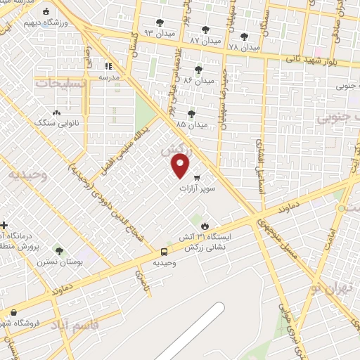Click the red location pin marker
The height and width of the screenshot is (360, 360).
tap(181, 166)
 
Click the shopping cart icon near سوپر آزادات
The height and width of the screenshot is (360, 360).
tap(197, 176)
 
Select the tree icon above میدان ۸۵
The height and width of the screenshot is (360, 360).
tap(191, 113)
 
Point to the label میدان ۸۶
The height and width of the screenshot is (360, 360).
tap(198, 81)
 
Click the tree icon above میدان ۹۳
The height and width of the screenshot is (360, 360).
tap(160, 22)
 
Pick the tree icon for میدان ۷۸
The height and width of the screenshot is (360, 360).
tap(244, 36)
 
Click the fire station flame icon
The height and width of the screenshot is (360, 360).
tap(205, 226)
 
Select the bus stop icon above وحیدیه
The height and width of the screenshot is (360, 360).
tap(164, 252)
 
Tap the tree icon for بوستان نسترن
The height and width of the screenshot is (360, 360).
tap(59, 250)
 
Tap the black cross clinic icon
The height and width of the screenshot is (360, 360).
tap(5, 226)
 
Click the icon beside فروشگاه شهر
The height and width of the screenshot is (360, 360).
tap(13, 312)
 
